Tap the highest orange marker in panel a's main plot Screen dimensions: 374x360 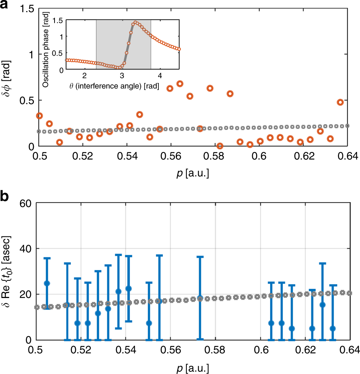pyautogui.click(x=180, y=84)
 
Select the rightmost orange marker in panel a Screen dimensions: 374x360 pyautogui.click(x=340, y=102)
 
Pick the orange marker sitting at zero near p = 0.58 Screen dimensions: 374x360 pyautogui.click(x=220, y=146)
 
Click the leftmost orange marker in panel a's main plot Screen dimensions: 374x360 pyautogui.click(x=39, y=116)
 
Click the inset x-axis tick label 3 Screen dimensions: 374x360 pyautogui.click(x=122, y=76)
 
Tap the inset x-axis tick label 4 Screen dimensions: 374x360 pyautogui.click(x=160, y=76)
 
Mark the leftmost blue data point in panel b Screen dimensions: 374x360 pyautogui.click(x=47, y=283)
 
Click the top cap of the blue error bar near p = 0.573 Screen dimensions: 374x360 pyautogui.click(x=200, y=256)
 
